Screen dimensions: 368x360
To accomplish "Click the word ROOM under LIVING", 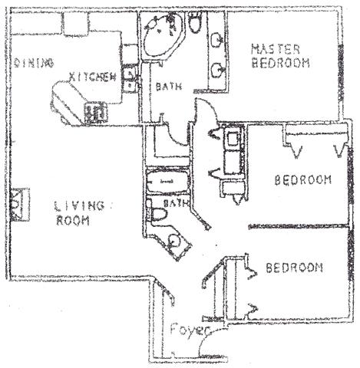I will pyautogui.click(x=73, y=221).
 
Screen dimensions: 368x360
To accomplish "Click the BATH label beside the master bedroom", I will pyautogui.click(x=169, y=87).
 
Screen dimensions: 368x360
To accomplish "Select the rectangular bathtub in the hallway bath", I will pyautogui.click(x=167, y=185).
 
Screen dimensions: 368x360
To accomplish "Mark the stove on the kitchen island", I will pyautogui.click(x=98, y=112).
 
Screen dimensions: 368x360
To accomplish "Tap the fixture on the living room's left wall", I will pyautogui.click(x=21, y=201).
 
